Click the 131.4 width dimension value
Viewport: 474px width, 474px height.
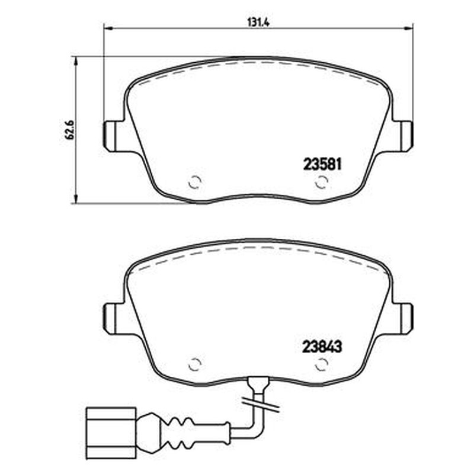tap(258, 22)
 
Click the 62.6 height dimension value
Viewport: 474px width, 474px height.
tap(69, 129)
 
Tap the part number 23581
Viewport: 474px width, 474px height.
tap(322, 165)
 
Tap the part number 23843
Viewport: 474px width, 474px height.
tap(322, 347)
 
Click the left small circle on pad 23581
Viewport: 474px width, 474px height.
tap(195, 182)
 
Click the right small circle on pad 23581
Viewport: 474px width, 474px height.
tap(322, 182)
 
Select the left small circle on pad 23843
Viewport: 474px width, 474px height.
tap(195, 365)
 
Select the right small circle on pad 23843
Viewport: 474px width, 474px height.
tap(322, 365)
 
